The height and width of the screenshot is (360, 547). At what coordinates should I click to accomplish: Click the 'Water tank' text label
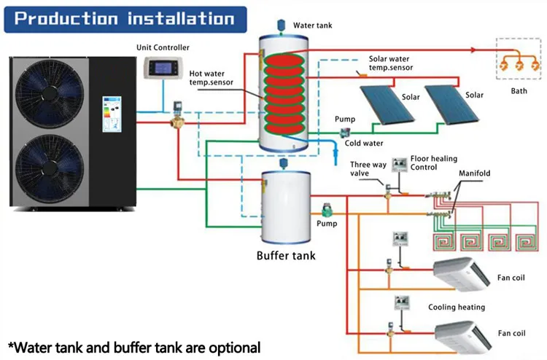313,26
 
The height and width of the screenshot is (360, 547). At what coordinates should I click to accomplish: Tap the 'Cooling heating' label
456,308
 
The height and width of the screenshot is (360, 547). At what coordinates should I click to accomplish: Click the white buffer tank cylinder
285,208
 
